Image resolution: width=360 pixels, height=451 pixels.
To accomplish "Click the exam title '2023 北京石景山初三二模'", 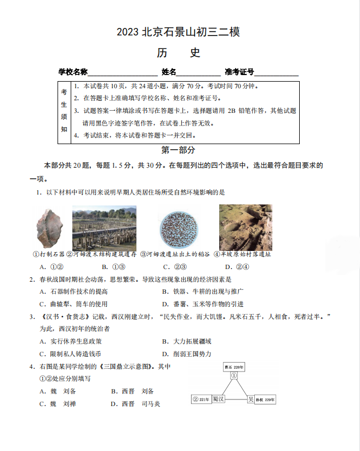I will [x=178, y=32].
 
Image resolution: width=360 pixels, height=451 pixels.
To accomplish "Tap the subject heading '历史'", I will [x=179, y=53].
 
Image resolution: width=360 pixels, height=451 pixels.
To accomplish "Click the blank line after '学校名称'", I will [x=123, y=72].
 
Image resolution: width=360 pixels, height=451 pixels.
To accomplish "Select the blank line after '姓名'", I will [x=198, y=72].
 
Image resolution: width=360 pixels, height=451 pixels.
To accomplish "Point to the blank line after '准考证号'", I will [x=277, y=72].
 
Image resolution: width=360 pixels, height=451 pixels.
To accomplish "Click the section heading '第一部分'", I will [x=178, y=150].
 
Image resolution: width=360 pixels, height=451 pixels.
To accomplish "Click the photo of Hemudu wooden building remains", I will [x=104, y=228].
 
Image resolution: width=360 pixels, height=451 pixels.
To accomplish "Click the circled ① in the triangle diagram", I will [x=233, y=376].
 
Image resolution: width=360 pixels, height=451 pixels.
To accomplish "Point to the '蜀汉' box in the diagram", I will [x=219, y=399].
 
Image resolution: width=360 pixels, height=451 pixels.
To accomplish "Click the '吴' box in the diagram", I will [x=250, y=399].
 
